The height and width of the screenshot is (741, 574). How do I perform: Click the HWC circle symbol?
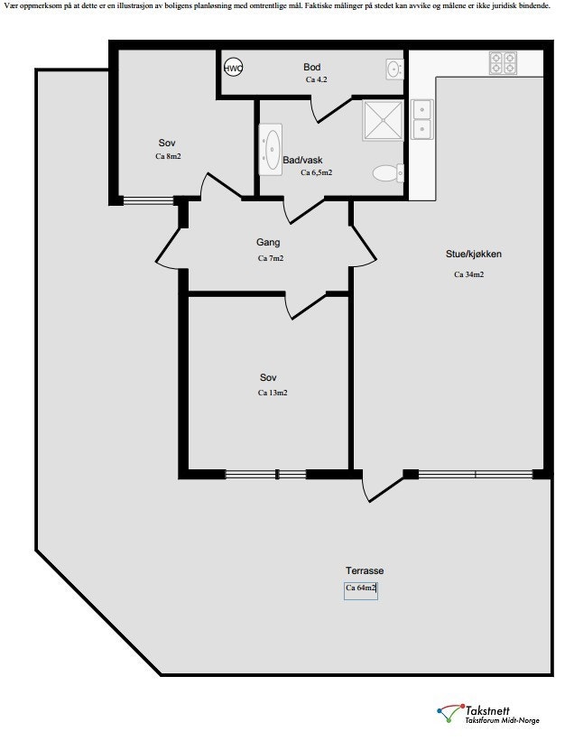point(234,68)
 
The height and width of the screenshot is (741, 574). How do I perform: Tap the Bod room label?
point(312,67)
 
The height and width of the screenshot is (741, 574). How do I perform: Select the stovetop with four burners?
point(503,62)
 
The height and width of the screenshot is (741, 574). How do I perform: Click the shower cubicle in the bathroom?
point(383,120)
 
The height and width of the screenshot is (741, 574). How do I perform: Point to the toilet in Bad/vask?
point(387,172)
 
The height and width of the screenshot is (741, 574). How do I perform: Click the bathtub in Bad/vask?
point(271,149)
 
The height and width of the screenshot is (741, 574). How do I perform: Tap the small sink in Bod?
point(393,69)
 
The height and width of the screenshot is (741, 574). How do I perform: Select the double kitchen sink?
point(421,119)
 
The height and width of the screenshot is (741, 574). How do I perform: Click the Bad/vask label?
point(301,160)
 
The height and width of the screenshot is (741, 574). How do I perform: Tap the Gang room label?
point(268,242)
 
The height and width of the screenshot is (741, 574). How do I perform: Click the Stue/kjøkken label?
point(474,255)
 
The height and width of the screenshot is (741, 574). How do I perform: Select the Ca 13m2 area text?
point(272,393)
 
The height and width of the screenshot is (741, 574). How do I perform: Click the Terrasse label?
point(364,570)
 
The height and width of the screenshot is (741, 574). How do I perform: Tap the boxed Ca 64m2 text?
point(361,588)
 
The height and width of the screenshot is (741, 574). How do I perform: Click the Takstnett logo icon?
point(449,713)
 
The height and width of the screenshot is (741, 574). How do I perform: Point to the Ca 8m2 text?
point(168,156)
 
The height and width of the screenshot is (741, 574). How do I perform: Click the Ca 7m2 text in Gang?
point(271,259)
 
